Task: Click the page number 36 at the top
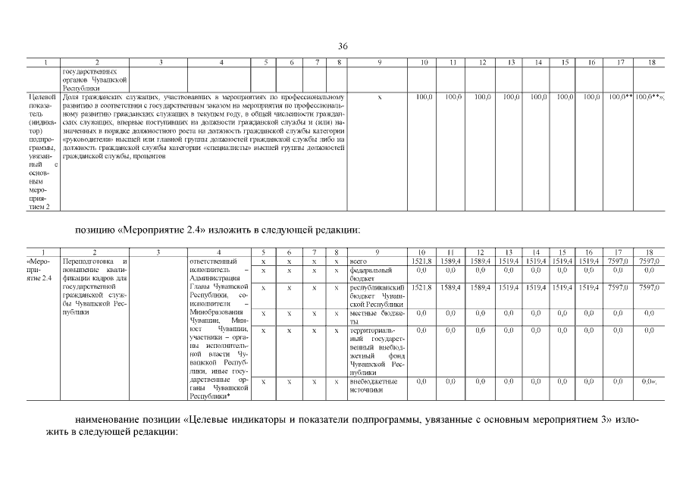(x=343, y=47)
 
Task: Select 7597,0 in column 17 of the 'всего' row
(x=620, y=261)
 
